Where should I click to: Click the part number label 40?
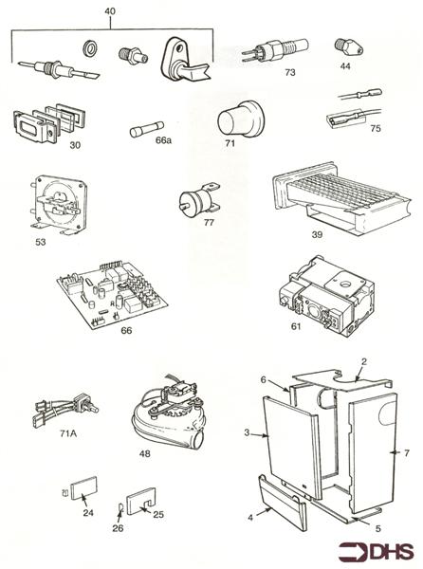pos(110,11)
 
